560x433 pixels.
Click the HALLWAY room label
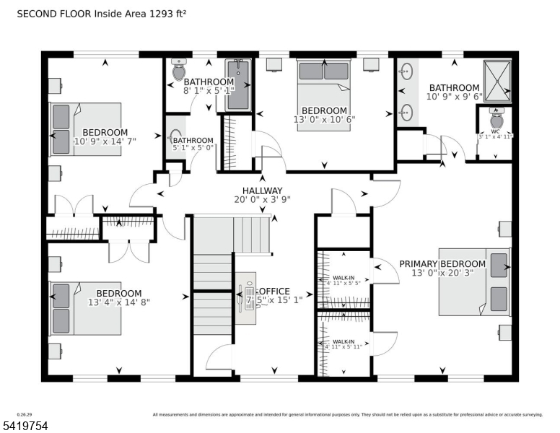pyautogui.click(x=258, y=191)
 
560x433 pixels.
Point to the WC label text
pyautogui.click(x=495, y=130)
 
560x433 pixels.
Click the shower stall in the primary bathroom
pyautogui.click(x=496, y=79)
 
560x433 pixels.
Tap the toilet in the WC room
pyautogui.click(x=496, y=116)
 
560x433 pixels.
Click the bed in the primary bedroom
pyautogui.click(x=474, y=282)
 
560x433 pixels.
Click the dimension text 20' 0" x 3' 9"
pyautogui.click(x=258, y=201)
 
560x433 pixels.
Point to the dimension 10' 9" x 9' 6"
pyautogui.click(x=452, y=97)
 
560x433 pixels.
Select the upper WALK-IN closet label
pyautogui.click(x=344, y=278)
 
